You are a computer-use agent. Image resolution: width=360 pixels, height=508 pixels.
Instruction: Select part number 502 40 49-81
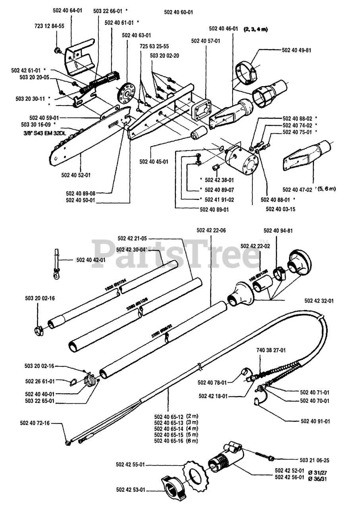point(296,50)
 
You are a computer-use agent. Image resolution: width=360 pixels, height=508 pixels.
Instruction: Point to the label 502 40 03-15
point(280,209)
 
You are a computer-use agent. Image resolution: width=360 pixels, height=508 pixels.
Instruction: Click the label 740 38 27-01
point(271,350)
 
